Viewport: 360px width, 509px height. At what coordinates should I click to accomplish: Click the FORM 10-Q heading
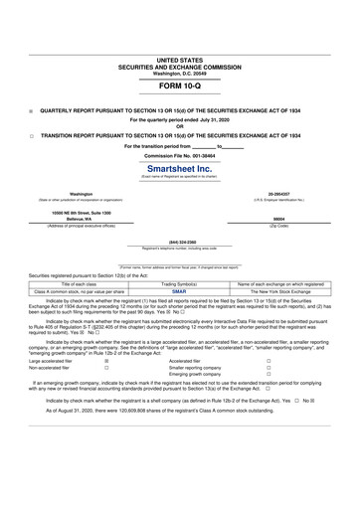click(x=179, y=88)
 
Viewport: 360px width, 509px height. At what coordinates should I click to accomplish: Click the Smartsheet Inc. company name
click(x=179, y=169)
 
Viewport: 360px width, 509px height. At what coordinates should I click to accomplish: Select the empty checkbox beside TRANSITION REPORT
click(x=31, y=136)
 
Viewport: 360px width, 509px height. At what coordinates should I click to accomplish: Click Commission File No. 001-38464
click(x=179, y=157)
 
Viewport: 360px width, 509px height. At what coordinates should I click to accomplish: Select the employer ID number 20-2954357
click(x=284, y=194)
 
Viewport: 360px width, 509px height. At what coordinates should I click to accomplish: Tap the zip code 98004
click(x=278, y=221)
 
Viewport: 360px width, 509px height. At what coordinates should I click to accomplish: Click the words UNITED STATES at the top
click(x=179, y=61)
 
